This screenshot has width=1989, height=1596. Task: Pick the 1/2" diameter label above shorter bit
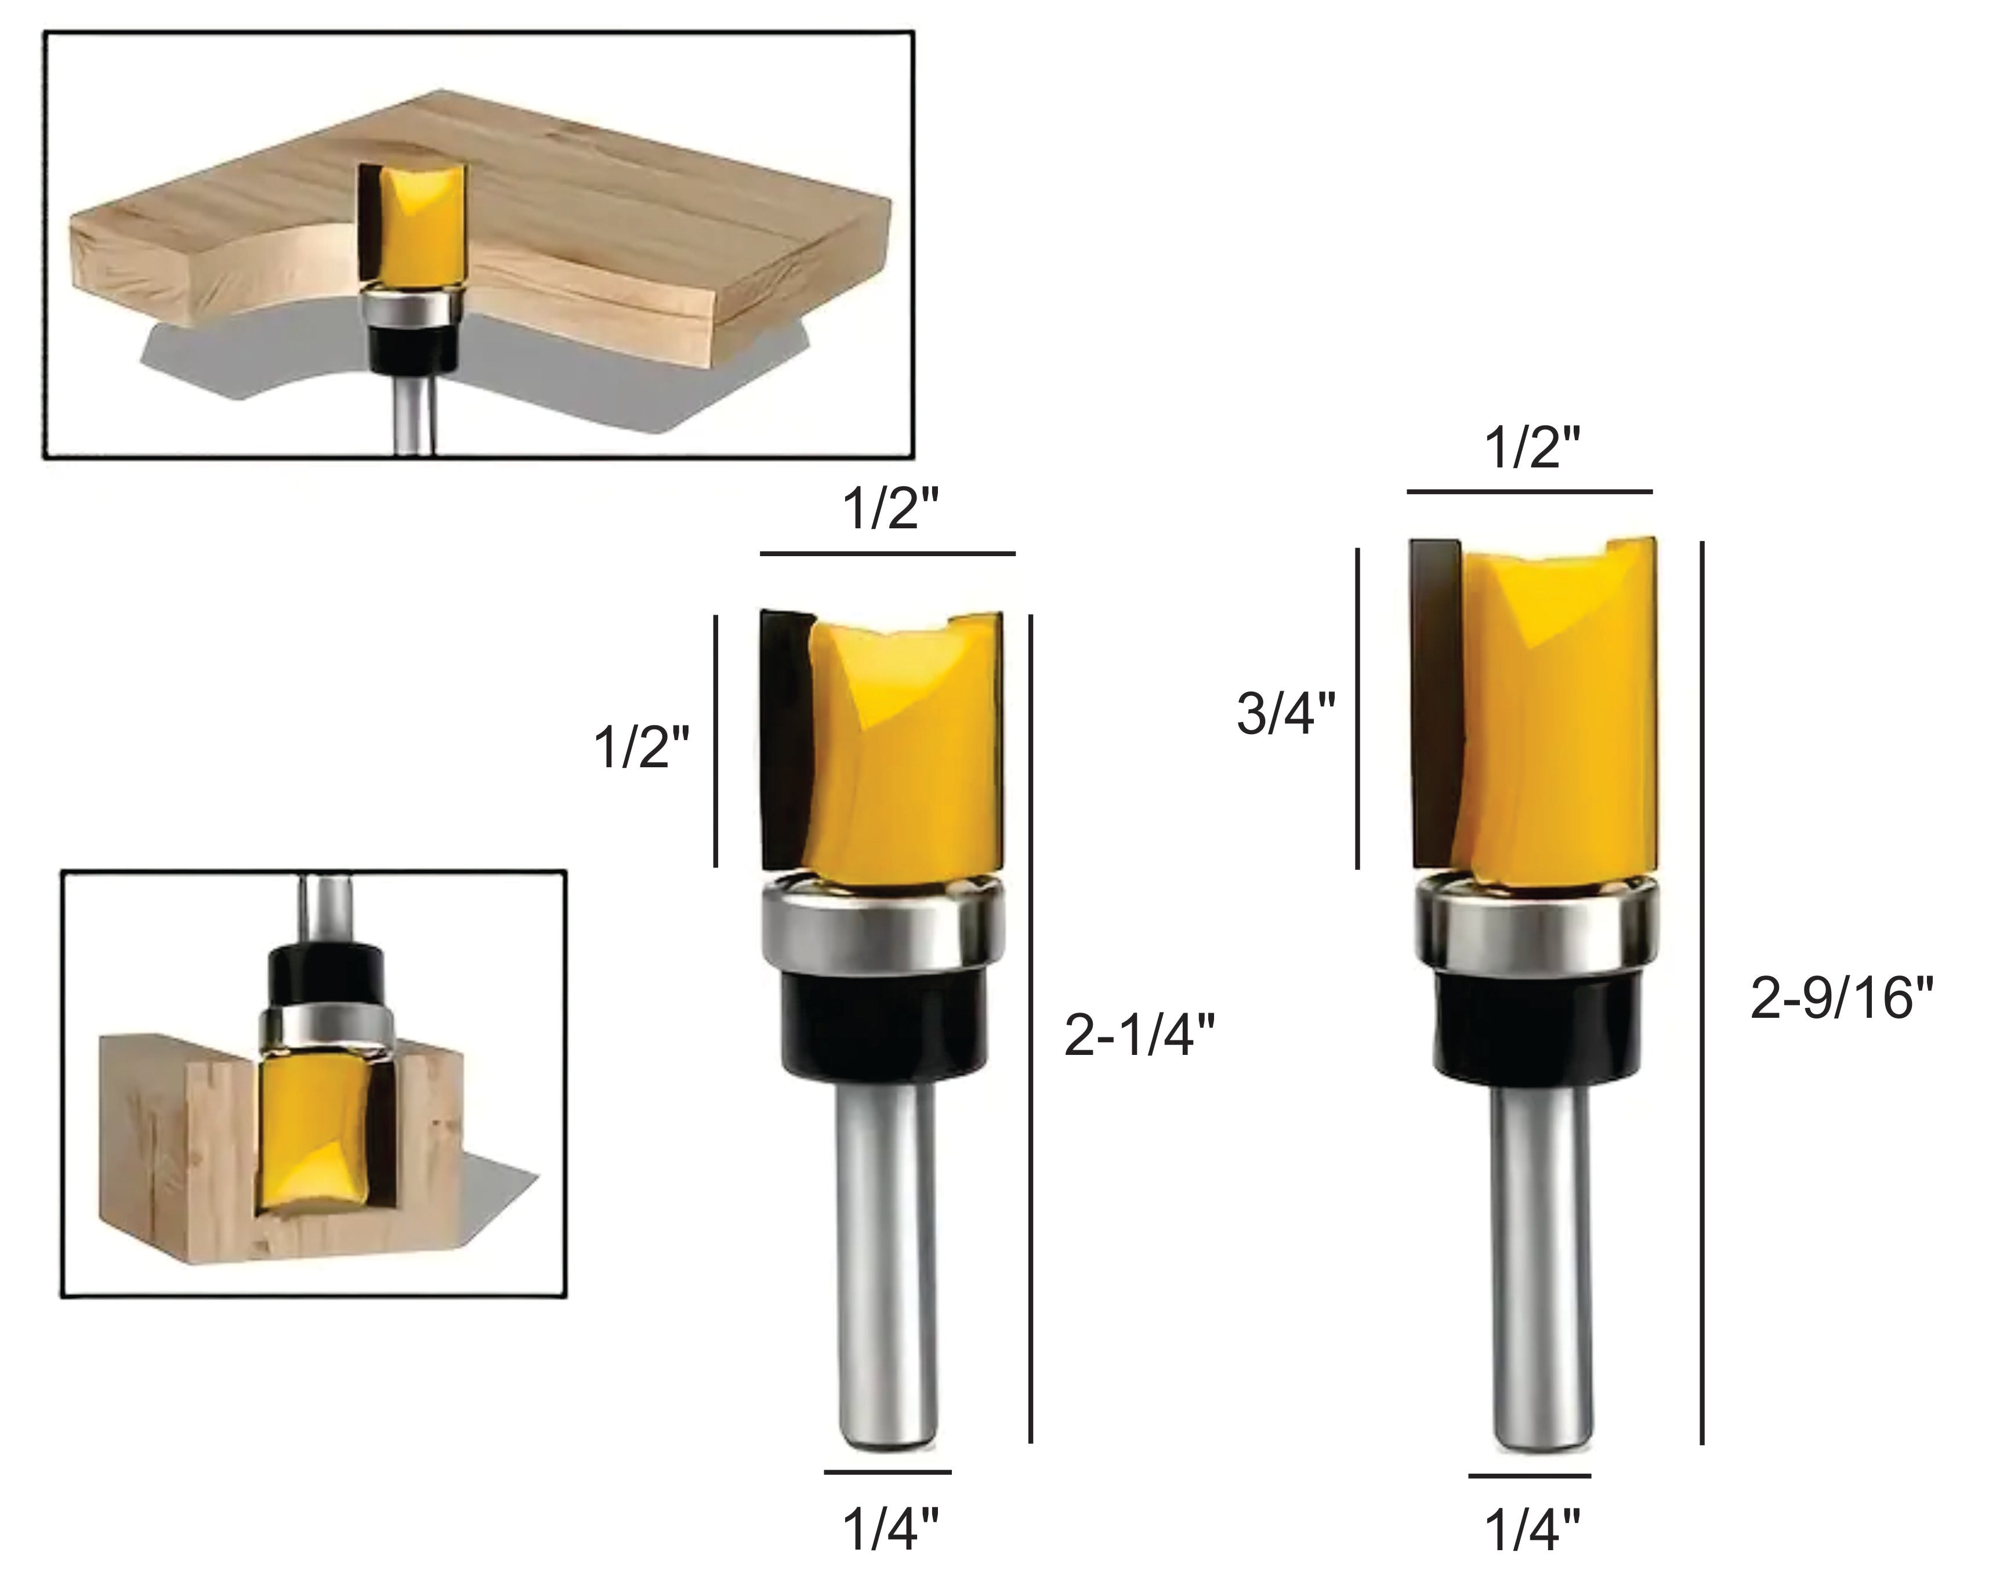[890, 509]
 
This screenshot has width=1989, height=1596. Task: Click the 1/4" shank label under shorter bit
[890, 1529]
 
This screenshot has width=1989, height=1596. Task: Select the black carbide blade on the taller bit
[1434, 701]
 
